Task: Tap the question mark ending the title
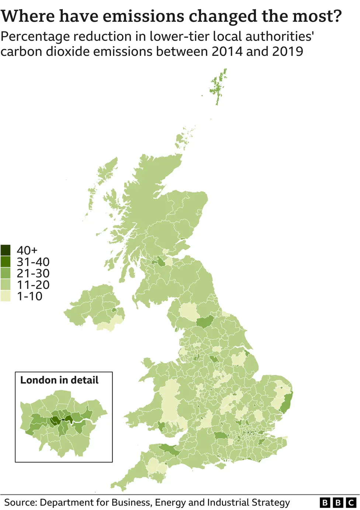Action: [336, 16]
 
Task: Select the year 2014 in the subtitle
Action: [227, 51]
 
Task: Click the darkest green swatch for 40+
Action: [6, 250]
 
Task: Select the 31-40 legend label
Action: [33, 262]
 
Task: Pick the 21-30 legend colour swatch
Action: [6, 273]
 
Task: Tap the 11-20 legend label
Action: [33, 285]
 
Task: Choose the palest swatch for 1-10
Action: [6, 296]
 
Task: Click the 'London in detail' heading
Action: [59, 380]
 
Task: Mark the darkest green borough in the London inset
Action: [55, 420]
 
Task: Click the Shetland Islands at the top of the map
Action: [218, 87]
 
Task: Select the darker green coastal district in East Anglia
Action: [286, 403]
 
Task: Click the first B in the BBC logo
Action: [325, 503]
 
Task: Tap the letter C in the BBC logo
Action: [351, 503]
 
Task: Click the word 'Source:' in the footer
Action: [20, 503]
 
